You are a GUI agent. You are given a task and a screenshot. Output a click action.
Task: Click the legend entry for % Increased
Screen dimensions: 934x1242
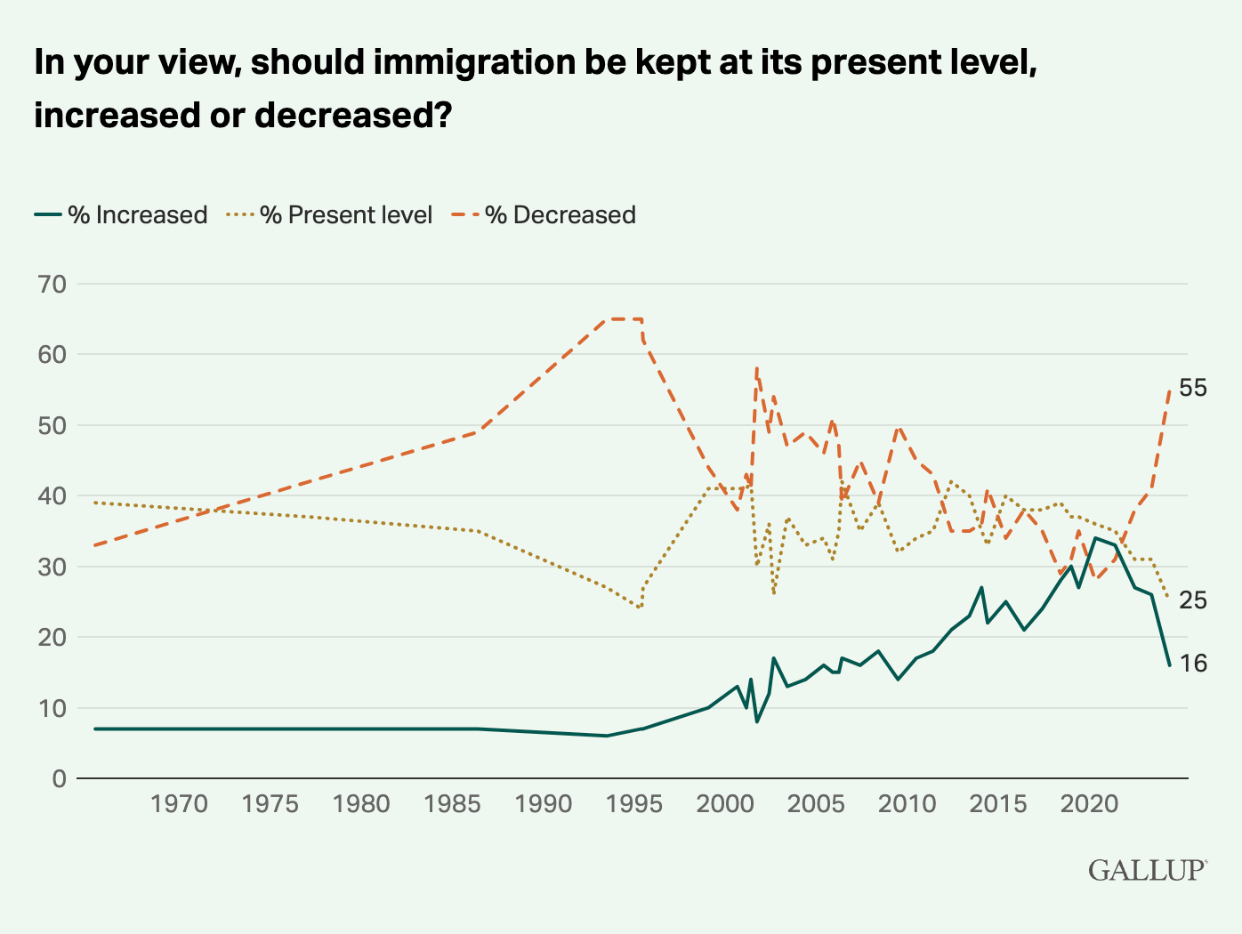coord(121,215)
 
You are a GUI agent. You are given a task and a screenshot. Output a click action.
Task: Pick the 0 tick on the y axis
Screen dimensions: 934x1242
coord(59,778)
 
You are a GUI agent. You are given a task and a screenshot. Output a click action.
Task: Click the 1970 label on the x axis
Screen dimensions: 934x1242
coord(179,804)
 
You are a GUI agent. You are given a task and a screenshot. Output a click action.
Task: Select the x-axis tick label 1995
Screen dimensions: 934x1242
coord(633,804)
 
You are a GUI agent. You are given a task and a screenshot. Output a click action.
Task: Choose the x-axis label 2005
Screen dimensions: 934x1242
coord(815,804)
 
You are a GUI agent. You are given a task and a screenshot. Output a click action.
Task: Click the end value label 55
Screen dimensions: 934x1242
coord(1193,388)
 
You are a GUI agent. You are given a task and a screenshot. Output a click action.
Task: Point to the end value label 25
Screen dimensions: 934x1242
coord(1193,600)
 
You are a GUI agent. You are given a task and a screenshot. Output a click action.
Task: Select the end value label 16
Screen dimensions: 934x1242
coord(1193,664)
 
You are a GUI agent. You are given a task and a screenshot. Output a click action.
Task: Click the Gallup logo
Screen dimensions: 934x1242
coord(1147,869)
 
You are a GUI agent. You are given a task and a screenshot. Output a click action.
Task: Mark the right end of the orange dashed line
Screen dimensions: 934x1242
coord(1169,390)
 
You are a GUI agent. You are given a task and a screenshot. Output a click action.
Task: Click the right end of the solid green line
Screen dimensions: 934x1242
coord(1169,664)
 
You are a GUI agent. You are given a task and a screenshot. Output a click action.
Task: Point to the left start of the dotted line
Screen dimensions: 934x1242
coord(94,503)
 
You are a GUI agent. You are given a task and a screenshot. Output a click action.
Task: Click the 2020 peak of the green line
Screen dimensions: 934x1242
coord(1095,537)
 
